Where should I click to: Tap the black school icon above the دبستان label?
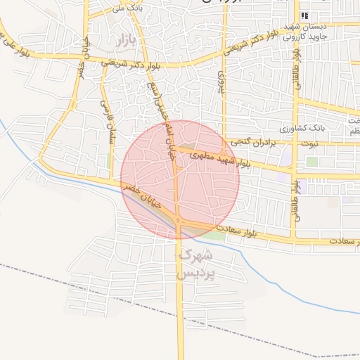point(304,15)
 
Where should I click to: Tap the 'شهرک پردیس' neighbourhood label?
point(194,264)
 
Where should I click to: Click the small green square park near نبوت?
point(311,161)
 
